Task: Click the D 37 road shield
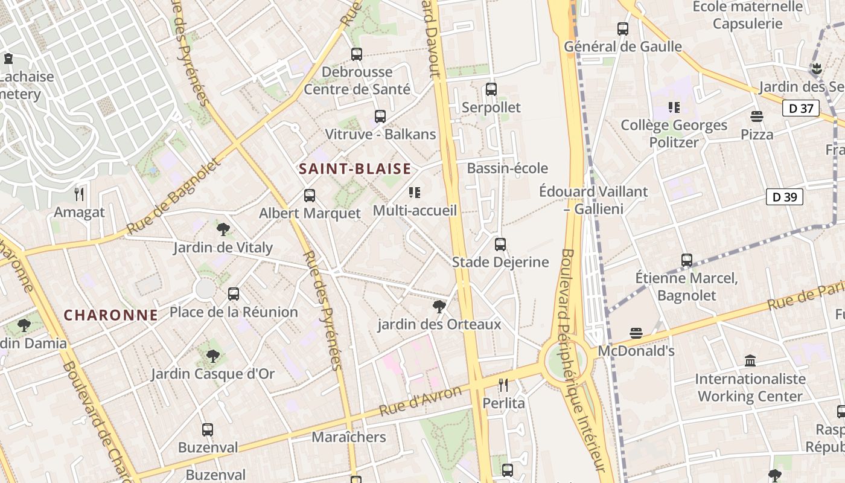point(801,109)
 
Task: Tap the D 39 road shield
point(785,197)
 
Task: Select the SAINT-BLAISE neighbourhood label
point(355,169)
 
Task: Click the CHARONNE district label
point(111,315)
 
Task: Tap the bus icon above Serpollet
point(491,89)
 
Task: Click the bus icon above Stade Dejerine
point(500,245)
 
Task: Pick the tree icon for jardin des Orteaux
point(439,307)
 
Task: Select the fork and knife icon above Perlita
point(503,385)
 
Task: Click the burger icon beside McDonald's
point(636,333)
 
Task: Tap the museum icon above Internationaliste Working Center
point(750,361)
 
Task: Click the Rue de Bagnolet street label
point(175,196)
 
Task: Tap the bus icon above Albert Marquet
point(310,196)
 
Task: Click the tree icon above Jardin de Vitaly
point(223,229)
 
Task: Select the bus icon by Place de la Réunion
point(234,294)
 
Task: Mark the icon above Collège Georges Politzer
point(674,107)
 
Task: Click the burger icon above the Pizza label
point(757,116)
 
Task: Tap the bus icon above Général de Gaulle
point(623,28)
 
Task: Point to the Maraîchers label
point(349,437)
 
